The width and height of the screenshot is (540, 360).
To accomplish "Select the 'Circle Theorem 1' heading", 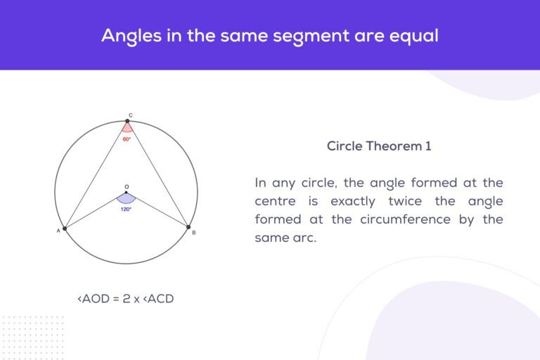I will point(379,146).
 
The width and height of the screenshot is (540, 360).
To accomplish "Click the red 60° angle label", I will point(127,139).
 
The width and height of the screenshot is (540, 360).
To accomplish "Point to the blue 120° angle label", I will point(127,209).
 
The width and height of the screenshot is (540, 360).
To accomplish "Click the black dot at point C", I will point(129,121).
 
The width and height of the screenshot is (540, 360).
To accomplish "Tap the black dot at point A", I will point(65,229).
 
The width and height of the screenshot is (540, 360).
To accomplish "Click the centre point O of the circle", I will point(127,193).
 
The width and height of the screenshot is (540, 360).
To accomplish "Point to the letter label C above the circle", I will point(129,113).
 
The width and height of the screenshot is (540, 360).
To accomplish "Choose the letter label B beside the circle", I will point(194,233).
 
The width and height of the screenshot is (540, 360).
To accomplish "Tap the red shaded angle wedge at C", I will point(127,128).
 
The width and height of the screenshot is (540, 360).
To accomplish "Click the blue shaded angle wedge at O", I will point(127,199).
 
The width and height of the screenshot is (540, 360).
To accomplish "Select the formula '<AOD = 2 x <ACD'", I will point(125,299).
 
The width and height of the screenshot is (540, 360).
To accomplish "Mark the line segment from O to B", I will point(157,210).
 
